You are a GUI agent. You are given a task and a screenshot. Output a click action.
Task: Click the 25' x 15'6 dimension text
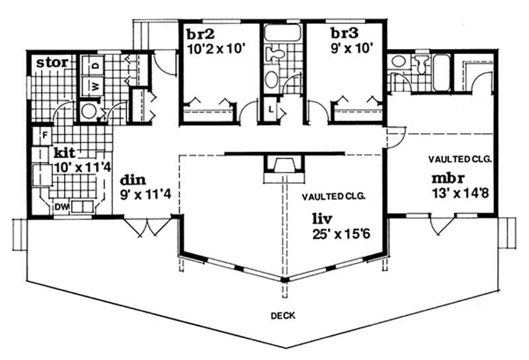(342, 233)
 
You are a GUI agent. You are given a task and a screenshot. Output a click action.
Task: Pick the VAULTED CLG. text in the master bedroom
(459, 159)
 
